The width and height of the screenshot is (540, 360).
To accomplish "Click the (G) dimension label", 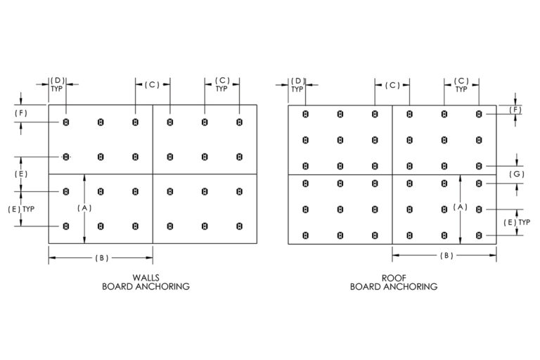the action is tap(517, 174).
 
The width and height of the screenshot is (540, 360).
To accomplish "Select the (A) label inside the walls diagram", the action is tap(84, 208).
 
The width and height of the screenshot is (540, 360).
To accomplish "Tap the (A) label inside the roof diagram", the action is tap(460, 207).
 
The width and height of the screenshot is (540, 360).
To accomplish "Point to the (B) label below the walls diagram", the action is tap(101, 258).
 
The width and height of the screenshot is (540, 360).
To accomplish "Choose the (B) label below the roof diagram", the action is tap(446, 256).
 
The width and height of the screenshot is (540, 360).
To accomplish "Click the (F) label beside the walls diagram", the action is tap(21, 113).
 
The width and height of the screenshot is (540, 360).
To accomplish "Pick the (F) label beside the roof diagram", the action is tap(515, 110).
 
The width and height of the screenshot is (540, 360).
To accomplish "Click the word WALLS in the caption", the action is tap(146, 278).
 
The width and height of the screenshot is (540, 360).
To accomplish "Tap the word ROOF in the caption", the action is tap(394, 278).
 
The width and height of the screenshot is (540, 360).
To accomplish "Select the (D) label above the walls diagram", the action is tap(58, 81).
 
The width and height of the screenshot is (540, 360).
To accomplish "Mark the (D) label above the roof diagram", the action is tap(297, 82).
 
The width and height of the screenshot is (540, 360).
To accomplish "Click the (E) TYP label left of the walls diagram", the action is tap(21, 209).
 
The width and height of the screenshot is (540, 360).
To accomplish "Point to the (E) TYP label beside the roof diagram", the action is tap(517, 223).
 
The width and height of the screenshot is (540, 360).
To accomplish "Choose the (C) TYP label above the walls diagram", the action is tap(222, 84).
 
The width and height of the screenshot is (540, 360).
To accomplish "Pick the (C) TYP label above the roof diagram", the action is tap(461, 85).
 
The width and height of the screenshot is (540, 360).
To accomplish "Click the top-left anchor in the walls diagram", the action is tap(66, 122).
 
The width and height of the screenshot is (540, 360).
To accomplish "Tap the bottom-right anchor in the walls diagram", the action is tap(239, 226).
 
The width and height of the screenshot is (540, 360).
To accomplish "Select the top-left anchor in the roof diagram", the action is tap(305, 114).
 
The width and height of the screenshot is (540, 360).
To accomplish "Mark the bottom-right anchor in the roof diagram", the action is tap(479, 236).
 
